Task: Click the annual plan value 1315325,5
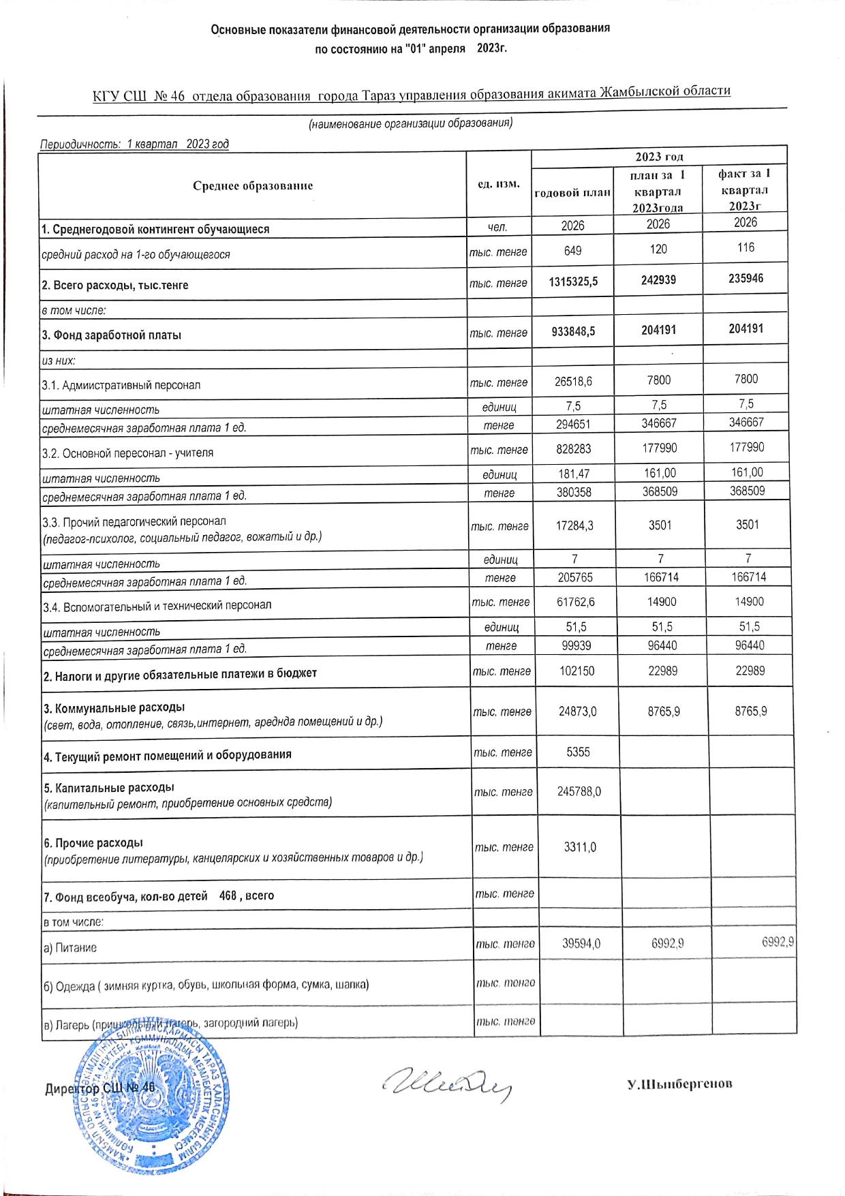[573, 281]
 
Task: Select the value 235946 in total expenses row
[746, 278]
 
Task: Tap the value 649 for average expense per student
[573, 251]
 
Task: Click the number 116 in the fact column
[746, 247]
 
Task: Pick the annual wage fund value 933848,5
[573, 331]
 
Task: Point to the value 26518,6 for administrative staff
[573, 382]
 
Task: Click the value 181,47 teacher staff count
[573, 474]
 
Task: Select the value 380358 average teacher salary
[574, 492]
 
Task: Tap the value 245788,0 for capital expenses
[579, 792]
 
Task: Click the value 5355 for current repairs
[578, 752]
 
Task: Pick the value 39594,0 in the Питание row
[581, 943]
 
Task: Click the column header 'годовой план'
[572, 193]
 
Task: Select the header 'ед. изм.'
[499, 184]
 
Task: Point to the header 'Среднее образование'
[253, 185]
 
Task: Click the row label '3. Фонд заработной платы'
[112, 335]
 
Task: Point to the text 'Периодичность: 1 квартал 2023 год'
[134, 144]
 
